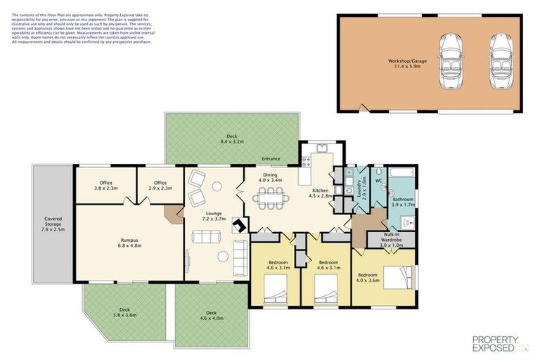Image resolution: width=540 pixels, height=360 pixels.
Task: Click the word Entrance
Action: click(x=271, y=159)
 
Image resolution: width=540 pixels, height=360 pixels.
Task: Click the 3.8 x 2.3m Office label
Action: click(x=106, y=185)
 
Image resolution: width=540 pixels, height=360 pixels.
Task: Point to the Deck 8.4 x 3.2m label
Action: click(x=231, y=139)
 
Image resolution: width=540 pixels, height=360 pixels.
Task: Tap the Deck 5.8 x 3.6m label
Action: click(x=124, y=312)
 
